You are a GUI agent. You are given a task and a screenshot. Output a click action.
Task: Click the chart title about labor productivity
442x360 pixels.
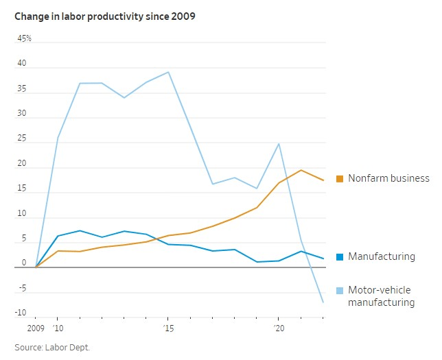tap(105, 16)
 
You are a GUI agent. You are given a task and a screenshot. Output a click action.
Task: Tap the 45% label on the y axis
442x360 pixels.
tap(25, 39)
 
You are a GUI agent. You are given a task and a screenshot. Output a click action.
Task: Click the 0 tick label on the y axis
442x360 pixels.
tap(24, 263)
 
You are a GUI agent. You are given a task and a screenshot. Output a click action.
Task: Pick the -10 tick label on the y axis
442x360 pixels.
tap(21, 313)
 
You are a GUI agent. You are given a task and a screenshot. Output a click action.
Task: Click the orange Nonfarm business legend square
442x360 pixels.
tap(339, 179)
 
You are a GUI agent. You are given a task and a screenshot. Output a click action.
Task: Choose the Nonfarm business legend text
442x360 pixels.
tap(388, 178)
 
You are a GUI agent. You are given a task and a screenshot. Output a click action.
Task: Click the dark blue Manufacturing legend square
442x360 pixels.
tap(339, 257)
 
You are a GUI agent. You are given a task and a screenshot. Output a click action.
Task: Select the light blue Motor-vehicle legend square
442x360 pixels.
tap(339, 291)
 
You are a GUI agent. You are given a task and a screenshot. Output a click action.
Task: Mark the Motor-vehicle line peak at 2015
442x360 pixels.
tap(168, 72)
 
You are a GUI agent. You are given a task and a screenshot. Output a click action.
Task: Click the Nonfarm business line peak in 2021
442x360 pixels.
tap(301, 170)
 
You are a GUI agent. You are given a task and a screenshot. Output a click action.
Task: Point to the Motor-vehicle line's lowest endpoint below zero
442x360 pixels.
tap(323, 302)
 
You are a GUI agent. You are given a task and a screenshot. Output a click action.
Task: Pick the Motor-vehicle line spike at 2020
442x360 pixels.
tap(279, 143)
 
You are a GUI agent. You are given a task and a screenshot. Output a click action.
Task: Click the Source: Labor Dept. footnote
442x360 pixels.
tap(52, 348)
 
